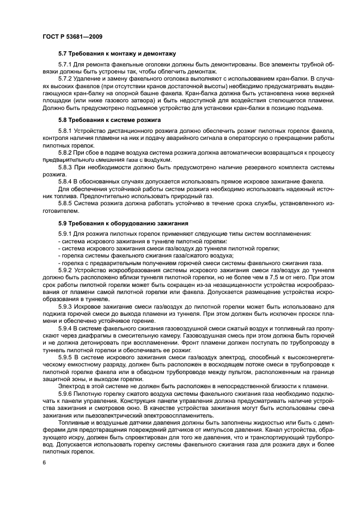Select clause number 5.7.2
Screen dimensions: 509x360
click(x=65, y=79)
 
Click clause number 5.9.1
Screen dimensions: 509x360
click(x=65, y=234)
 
